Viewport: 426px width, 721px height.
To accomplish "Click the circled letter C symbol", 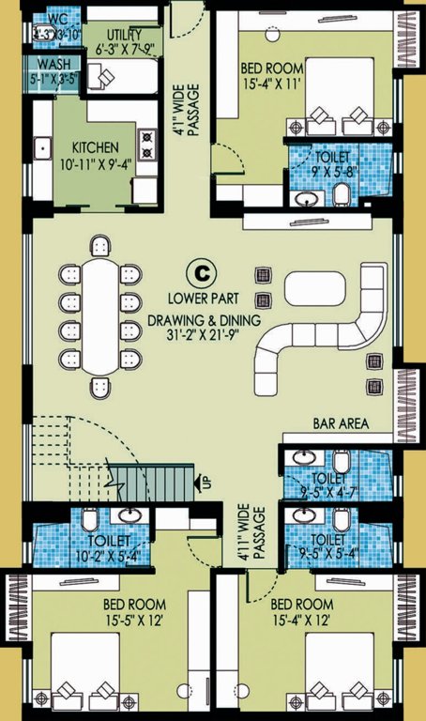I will pos(199,272).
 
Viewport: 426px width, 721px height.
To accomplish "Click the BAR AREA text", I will pos(339,424).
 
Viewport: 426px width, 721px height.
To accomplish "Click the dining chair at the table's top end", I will pos(99,247).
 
